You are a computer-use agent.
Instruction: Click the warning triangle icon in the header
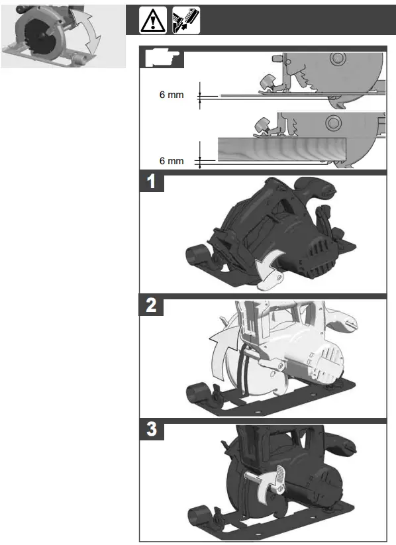click(x=152, y=21)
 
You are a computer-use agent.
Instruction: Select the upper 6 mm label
click(x=172, y=95)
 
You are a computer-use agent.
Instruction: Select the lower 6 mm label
click(x=172, y=161)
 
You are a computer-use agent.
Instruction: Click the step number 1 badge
click(x=152, y=182)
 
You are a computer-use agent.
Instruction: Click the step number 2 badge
click(x=152, y=307)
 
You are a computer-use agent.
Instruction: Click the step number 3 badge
click(x=152, y=430)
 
